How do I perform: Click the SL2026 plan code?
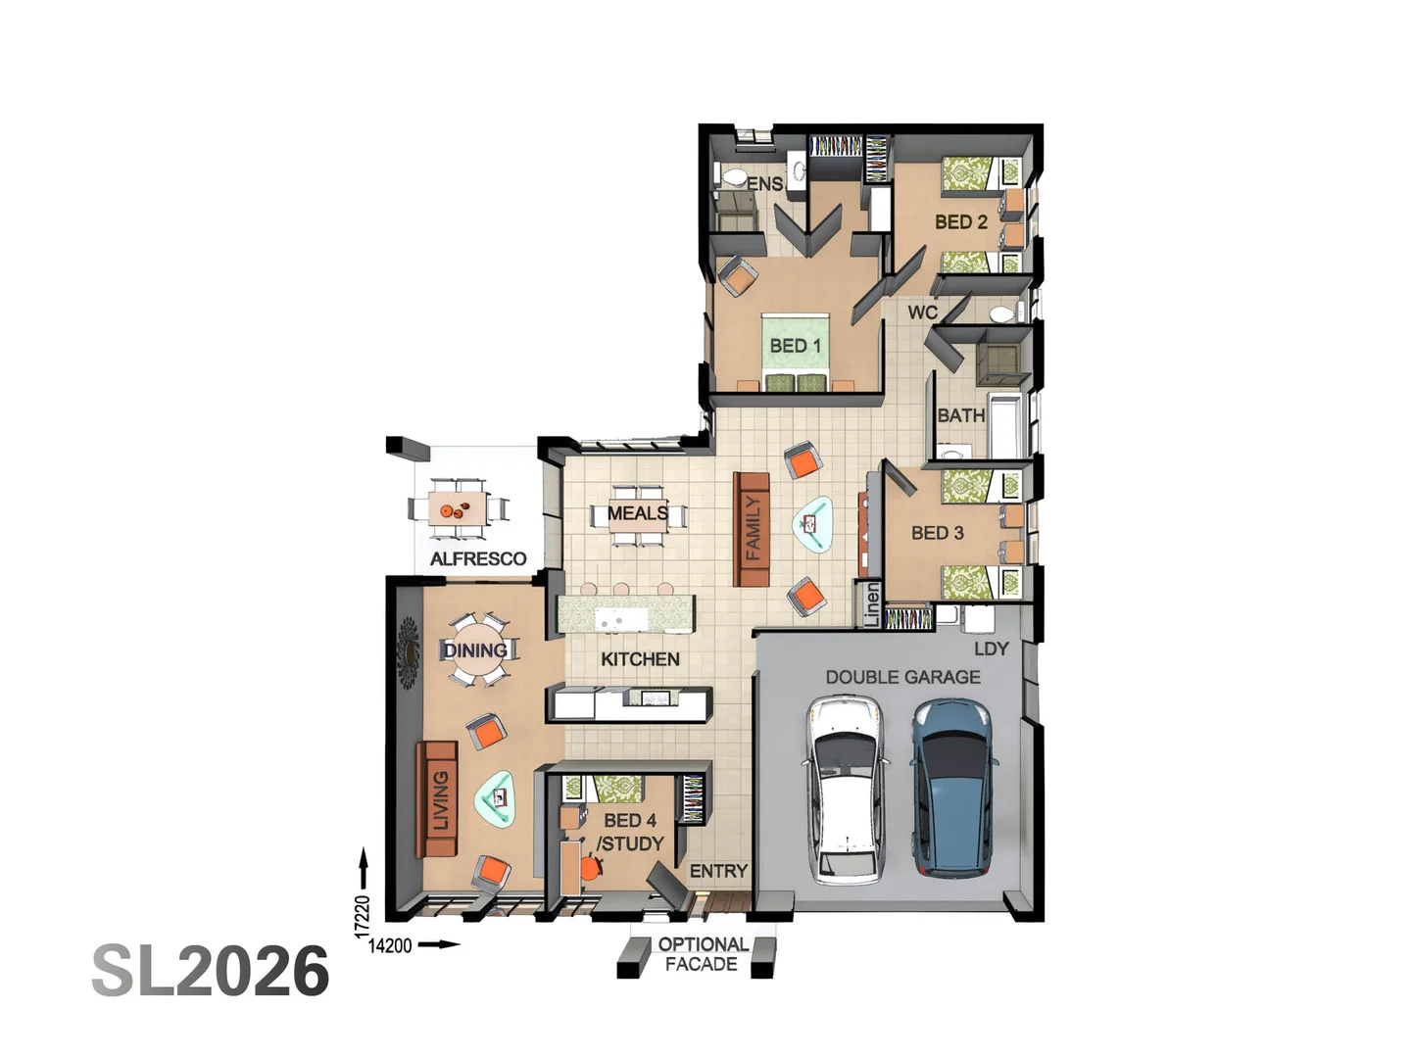pos(211,971)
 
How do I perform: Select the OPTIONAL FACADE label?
pos(702,954)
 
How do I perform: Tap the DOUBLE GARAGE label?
pos(902,677)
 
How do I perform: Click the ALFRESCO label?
pos(478,558)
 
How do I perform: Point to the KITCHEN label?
pos(640,659)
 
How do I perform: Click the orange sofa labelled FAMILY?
pos(753,529)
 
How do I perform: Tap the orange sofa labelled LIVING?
pos(439,799)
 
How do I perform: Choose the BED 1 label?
pos(795,346)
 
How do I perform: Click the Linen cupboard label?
pos(871,604)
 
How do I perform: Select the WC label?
pos(922,313)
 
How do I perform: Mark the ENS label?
pos(764,184)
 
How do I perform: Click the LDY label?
pos(991,649)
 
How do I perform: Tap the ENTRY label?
pos(718,871)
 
